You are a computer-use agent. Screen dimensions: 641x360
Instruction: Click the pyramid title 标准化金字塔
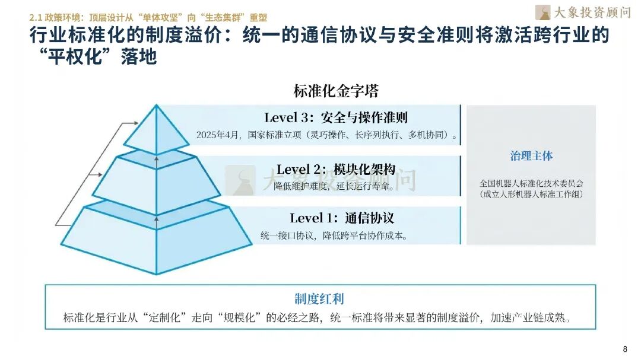click(x=336, y=91)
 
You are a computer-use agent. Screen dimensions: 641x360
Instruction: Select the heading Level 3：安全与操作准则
click(x=336, y=117)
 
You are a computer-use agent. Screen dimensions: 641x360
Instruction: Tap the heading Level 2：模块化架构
click(x=336, y=169)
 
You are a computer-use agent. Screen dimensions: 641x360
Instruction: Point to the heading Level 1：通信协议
click(x=342, y=218)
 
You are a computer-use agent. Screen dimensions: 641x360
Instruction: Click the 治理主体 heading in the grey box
click(x=531, y=156)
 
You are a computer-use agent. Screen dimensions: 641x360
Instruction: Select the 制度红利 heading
click(x=319, y=298)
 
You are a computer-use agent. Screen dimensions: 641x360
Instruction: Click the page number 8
click(x=624, y=349)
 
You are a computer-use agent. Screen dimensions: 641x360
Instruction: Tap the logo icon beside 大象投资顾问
click(x=542, y=12)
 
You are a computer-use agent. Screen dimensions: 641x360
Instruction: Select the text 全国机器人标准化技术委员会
click(x=531, y=183)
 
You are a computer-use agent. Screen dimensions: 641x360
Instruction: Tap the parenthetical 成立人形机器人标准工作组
click(x=531, y=194)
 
